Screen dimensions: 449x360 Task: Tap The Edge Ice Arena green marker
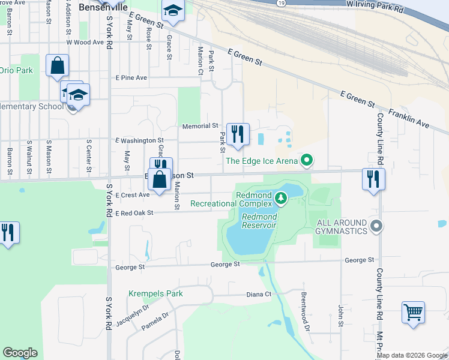coord(307,160)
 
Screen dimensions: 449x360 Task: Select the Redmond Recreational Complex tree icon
coord(280,197)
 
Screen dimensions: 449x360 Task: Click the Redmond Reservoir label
coord(259,221)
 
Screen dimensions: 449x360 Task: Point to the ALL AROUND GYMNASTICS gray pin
coord(376,226)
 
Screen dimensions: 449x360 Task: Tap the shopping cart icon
coord(413,312)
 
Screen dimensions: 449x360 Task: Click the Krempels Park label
coord(155,294)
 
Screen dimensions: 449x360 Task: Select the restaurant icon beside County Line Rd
coord(373,178)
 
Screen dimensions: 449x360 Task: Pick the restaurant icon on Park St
coord(238,134)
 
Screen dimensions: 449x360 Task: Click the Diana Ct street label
coord(259,295)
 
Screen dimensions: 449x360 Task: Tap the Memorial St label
coord(200,127)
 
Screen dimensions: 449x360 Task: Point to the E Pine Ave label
coord(131,78)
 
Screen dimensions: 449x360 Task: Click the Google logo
coord(20,353)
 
